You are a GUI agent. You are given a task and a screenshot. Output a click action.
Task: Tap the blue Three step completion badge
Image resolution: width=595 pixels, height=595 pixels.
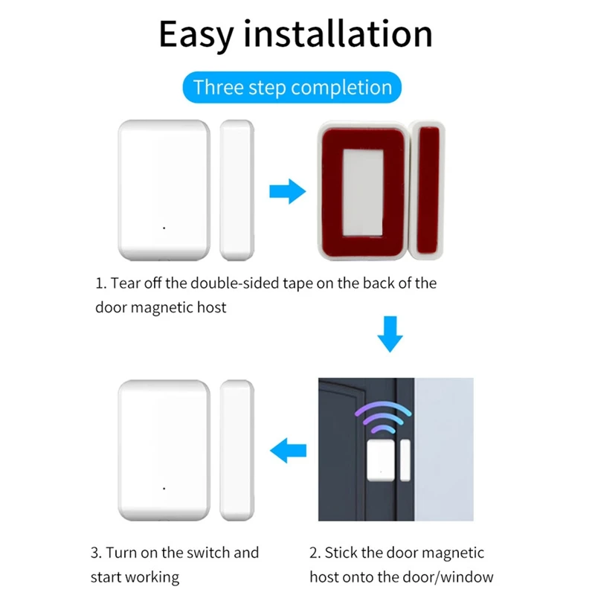pos(292,87)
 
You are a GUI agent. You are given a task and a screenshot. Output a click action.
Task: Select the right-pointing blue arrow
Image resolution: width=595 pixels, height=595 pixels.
pos(286,192)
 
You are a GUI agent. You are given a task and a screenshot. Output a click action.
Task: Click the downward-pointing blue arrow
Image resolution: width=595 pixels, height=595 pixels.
pos(390,335)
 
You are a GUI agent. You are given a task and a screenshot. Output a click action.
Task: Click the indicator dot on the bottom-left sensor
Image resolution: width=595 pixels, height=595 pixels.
pos(164,488)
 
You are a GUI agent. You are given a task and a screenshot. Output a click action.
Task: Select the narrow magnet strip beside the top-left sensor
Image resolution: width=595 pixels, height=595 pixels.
pos(238,190)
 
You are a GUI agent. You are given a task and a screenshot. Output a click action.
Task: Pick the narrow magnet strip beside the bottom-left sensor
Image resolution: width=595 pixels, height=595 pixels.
pos(238,449)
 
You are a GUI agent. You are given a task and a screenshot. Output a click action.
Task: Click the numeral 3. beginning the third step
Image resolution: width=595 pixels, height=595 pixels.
pos(96,553)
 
